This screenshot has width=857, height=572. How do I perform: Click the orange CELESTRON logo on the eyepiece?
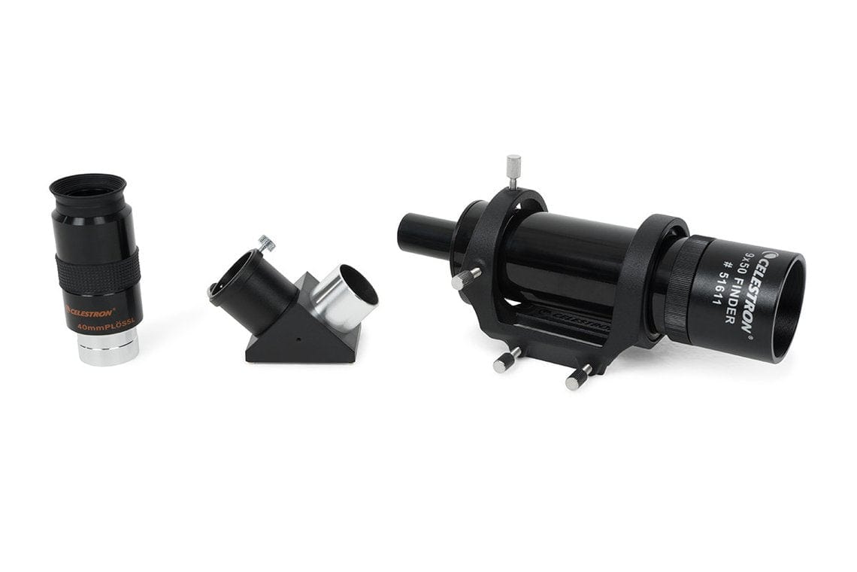click(91, 310)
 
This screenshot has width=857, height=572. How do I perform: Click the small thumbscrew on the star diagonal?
click(267, 242)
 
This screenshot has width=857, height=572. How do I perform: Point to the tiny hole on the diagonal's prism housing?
click(297, 339)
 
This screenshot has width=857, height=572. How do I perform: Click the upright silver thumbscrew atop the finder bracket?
click(513, 169)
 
